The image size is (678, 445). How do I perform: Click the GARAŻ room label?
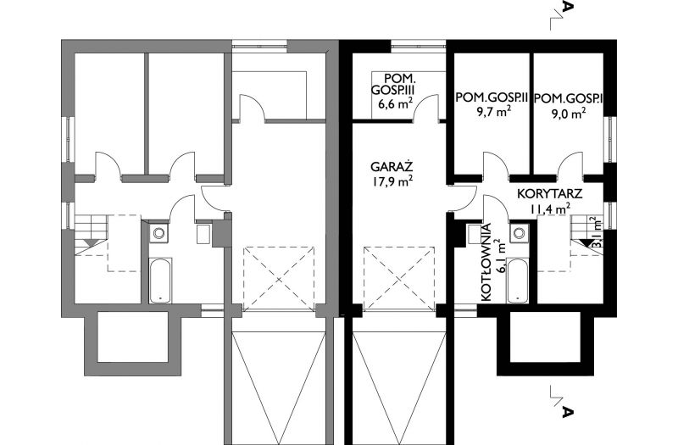point(392,167)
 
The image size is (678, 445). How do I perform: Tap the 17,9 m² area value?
point(392,181)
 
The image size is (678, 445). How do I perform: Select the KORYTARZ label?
point(549,194)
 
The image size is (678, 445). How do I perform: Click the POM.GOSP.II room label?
point(492,98)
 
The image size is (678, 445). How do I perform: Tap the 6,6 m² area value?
point(394,104)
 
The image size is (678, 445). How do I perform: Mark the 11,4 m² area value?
point(549,209)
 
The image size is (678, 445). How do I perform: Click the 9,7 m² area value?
point(492,112)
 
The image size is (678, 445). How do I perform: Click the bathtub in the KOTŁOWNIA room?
point(518,281)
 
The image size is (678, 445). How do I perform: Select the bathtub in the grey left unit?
point(160,281)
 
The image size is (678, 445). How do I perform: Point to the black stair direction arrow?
point(586,242)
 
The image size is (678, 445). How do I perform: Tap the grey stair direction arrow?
point(91,242)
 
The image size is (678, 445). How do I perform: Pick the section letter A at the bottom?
point(568,411)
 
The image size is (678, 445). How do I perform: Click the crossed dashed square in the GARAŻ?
point(398,279)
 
